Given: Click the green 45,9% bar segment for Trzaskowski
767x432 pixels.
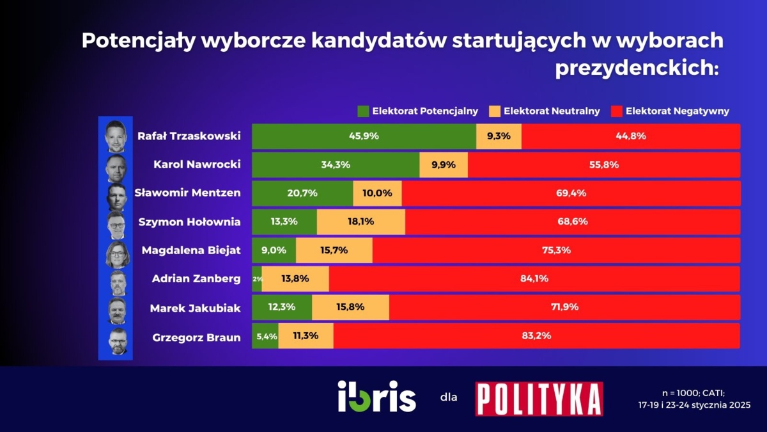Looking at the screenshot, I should [364, 136].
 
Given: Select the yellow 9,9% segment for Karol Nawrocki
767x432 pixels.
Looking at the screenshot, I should [444, 165].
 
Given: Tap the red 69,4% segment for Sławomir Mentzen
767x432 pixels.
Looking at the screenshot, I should [571, 193].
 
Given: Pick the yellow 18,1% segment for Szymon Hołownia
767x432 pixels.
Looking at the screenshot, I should [361, 222].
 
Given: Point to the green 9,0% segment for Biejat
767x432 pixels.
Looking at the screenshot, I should [274, 250].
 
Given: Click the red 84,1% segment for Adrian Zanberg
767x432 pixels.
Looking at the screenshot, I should [534, 279].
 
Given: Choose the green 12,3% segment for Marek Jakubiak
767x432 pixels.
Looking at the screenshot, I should [282, 307].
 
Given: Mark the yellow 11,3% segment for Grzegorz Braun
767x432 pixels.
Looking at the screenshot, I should [306, 335].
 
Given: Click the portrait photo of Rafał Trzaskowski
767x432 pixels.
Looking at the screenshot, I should [116, 136].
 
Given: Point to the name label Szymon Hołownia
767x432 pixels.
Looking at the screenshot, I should [189, 222].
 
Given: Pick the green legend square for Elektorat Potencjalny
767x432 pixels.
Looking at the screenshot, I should [363, 111].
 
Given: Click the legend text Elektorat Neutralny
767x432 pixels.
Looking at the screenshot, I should [552, 111].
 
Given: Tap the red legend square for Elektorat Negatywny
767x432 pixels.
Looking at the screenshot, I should [616, 111].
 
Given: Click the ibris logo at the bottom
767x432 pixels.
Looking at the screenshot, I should [376, 397].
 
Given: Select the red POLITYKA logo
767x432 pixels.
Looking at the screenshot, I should [539, 399].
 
